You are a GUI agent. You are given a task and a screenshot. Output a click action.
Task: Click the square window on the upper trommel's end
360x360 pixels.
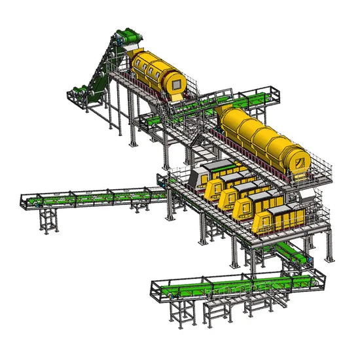[x=174, y=82]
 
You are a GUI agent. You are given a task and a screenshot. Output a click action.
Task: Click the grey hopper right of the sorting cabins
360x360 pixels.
[x=308, y=196]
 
